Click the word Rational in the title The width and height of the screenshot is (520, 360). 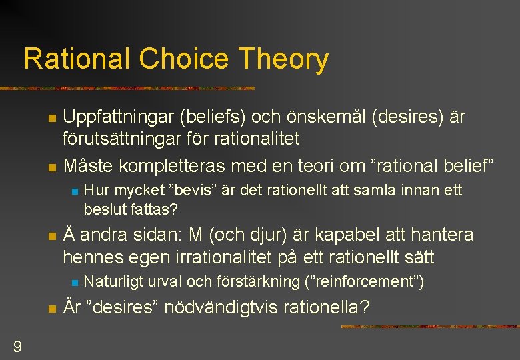point(77,59)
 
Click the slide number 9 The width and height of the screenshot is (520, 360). point(17,346)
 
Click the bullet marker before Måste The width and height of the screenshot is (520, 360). point(51,166)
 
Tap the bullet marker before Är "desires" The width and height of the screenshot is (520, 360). point(51,309)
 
